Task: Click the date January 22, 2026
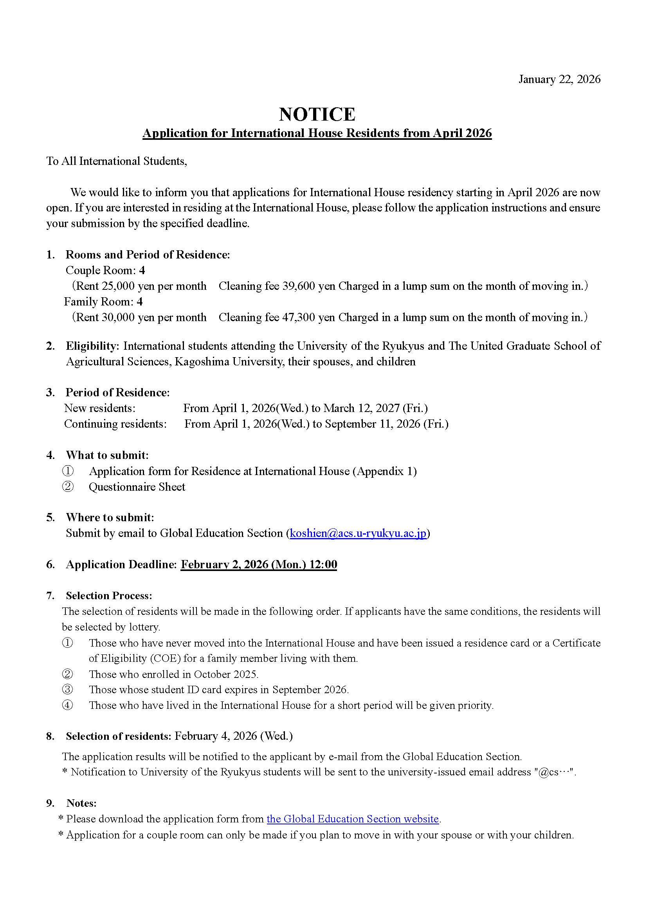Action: point(559,79)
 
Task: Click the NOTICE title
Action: point(317,114)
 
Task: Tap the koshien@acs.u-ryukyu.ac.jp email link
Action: point(358,533)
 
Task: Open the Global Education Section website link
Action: point(352,819)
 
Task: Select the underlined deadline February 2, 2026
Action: point(259,565)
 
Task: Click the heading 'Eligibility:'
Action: point(92,346)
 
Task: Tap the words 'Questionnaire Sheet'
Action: point(137,487)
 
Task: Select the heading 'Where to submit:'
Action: point(110,518)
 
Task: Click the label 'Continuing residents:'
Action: point(115,424)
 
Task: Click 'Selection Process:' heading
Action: point(109,596)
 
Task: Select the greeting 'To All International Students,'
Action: point(116,161)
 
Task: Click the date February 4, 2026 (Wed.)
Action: point(234,736)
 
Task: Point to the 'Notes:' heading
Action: point(81,803)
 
